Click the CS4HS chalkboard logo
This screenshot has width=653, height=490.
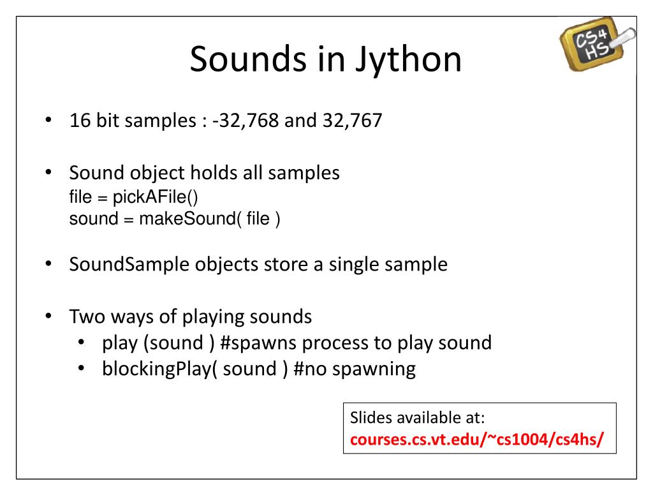(597, 43)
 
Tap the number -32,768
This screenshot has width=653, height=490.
(246, 121)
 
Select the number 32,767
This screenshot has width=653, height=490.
(352, 121)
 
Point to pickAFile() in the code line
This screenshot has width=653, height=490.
(156, 197)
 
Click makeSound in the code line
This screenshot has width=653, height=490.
(188, 218)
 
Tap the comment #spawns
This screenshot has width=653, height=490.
(258, 343)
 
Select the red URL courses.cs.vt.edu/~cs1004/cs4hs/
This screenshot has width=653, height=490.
(476, 439)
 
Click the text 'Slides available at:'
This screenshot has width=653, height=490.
(417, 417)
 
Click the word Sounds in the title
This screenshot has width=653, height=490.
(248, 59)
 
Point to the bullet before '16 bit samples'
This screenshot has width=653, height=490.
(48, 121)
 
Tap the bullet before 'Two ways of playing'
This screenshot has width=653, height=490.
(48, 316)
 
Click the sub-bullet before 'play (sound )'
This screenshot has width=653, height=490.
(81, 343)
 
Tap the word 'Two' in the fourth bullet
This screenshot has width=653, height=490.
(87, 316)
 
